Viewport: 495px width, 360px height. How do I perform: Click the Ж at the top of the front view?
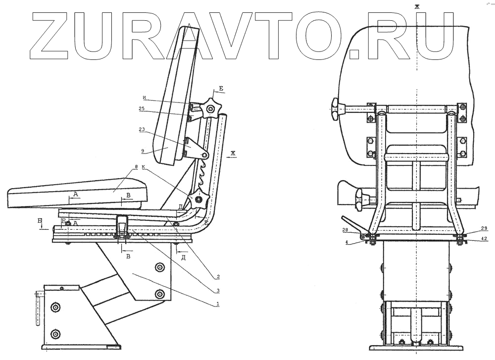[417, 6]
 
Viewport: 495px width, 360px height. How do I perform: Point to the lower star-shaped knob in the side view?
[199, 199]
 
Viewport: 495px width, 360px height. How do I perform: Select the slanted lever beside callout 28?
[352, 225]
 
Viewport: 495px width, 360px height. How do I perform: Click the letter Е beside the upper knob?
[221, 89]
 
